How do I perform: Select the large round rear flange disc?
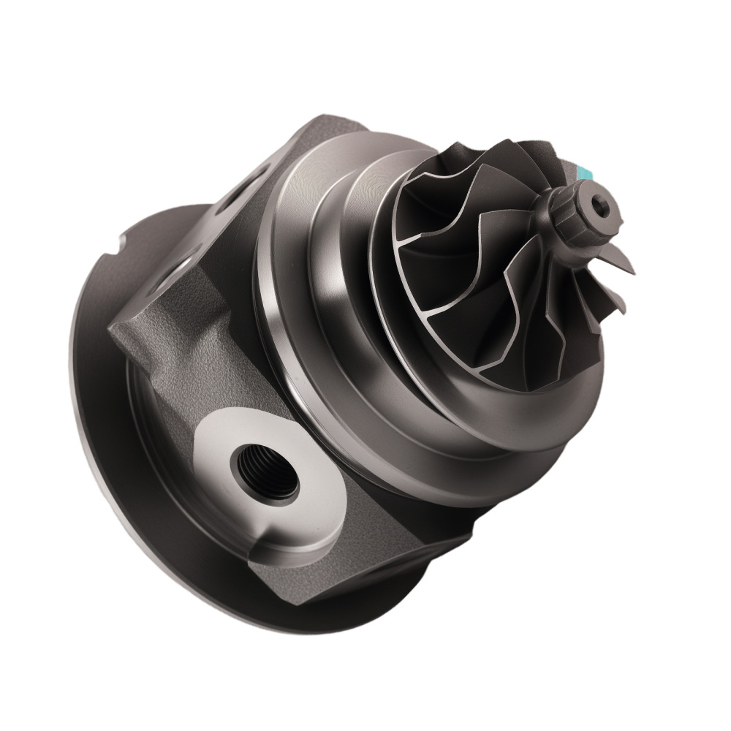(117, 439)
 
